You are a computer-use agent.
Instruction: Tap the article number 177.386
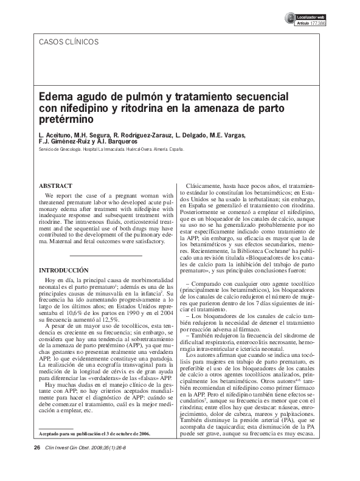(x=317, y=22)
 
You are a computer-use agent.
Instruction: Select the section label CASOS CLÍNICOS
(x=68, y=42)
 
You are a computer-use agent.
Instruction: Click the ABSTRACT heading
(x=55, y=185)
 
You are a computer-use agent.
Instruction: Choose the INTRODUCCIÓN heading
(x=64, y=269)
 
